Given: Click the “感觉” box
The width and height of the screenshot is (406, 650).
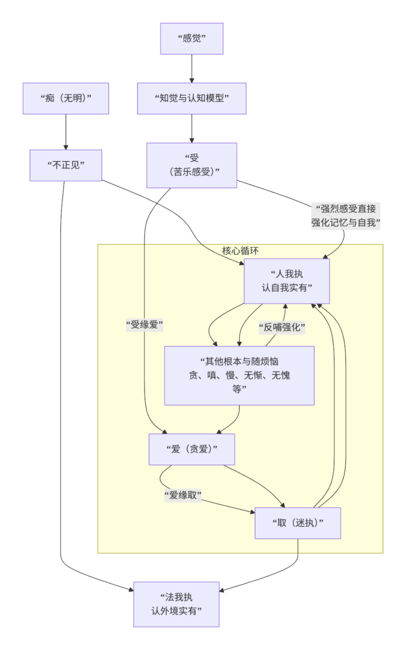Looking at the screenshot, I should (192, 38).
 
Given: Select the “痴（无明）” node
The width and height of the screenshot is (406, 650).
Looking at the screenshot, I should (66, 98).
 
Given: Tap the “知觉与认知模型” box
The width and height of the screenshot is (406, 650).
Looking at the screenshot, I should (192, 98).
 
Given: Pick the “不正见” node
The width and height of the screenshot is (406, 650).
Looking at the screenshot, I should (66, 165).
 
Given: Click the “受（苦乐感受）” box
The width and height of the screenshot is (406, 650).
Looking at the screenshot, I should (192, 165).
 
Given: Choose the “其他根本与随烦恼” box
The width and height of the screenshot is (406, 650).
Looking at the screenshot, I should (239, 375).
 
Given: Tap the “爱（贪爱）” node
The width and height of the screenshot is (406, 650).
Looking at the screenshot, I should (192, 449).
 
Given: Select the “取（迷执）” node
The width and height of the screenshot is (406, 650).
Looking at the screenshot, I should (298, 523).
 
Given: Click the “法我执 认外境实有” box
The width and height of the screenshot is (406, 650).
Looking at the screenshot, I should (176, 604).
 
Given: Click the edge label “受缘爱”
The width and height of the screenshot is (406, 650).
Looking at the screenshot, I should (145, 325).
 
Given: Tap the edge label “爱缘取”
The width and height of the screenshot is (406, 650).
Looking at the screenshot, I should (182, 496).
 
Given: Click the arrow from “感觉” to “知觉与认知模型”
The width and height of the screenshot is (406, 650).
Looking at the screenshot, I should (192, 69).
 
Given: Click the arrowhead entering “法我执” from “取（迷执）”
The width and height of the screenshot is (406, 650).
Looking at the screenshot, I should (222, 591).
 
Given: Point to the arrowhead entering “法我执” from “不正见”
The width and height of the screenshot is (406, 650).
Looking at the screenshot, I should (129, 591).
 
